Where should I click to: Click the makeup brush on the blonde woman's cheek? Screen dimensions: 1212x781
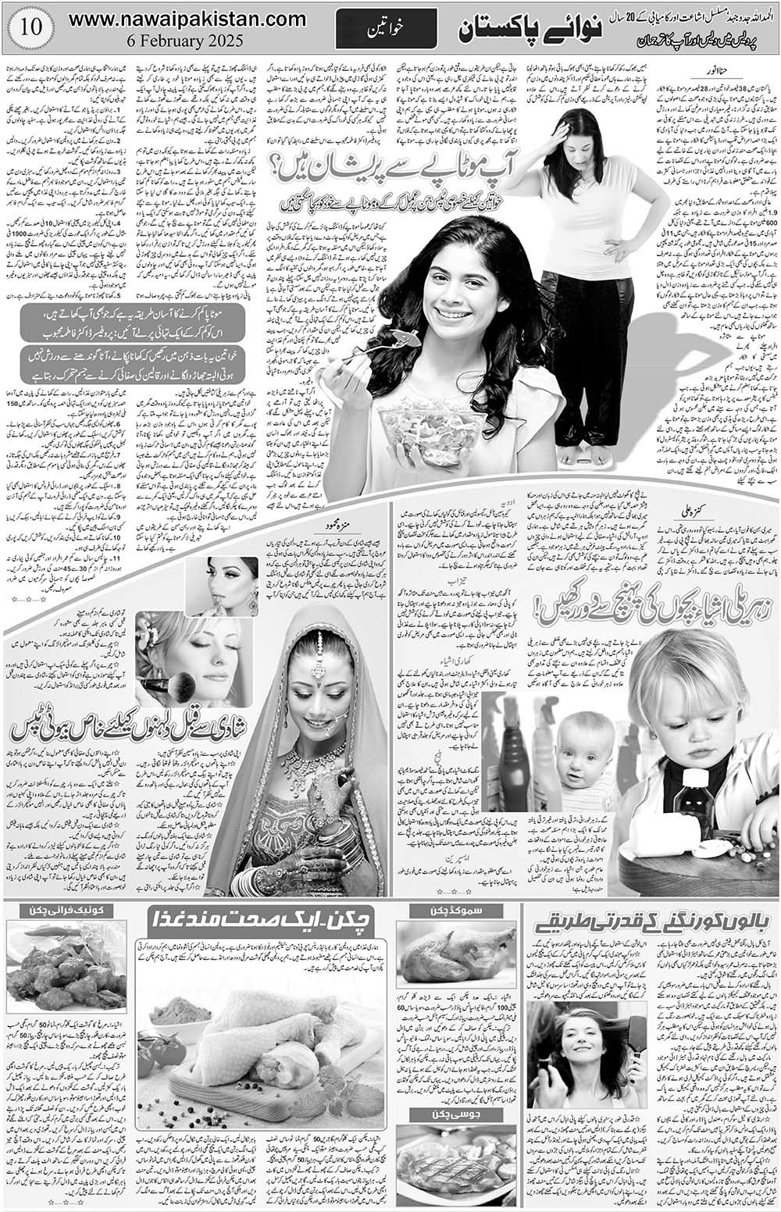tap(176, 686)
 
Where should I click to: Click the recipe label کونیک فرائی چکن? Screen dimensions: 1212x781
tap(56, 910)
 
